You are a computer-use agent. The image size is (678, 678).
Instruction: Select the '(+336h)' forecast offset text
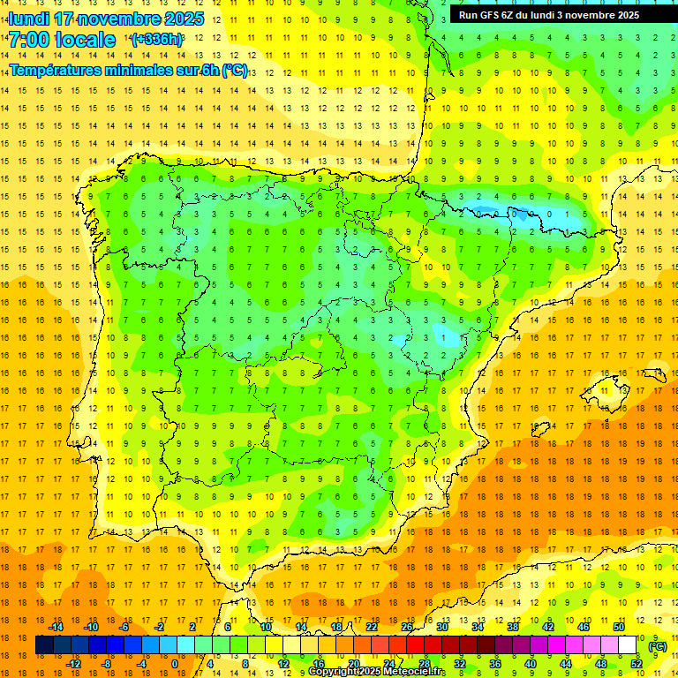[x=157, y=40]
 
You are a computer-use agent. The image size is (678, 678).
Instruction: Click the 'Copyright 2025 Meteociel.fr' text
[x=377, y=672]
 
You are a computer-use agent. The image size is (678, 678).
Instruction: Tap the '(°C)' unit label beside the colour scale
[x=657, y=646]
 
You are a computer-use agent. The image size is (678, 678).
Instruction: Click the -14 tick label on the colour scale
[x=56, y=627]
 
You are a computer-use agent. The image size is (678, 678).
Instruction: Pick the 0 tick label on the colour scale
[x=175, y=664]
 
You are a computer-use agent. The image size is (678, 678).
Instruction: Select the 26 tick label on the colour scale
[x=407, y=627]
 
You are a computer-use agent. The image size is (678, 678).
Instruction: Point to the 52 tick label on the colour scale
[x=637, y=664]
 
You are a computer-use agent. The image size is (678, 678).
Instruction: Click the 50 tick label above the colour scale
[x=619, y=627]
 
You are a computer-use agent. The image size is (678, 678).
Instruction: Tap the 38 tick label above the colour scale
[x=513, y=627]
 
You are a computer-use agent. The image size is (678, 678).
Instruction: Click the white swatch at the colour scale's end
[x=628, y=645]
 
